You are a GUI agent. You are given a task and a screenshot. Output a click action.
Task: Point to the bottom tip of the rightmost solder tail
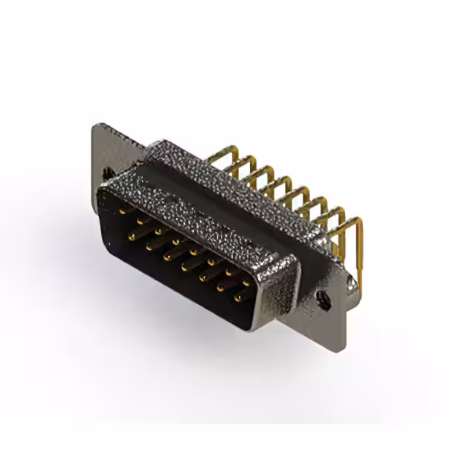pos(361,287)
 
